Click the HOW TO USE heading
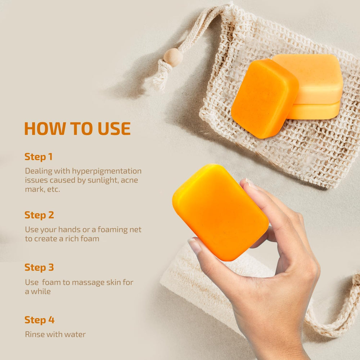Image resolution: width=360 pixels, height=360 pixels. click(77, 129)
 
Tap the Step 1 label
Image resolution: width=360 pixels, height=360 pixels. click(39, 157)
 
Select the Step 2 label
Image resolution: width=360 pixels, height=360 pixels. click(39, 215)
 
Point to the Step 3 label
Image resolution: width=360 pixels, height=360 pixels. click(39, 267)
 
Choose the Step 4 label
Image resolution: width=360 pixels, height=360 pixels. click(40, 320)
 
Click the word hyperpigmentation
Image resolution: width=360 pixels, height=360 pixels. click(107, 171)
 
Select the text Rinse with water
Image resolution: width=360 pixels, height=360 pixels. click(55, 334)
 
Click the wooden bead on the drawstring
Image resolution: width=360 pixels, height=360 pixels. click(173, 57)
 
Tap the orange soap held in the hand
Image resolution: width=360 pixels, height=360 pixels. click(220, 212)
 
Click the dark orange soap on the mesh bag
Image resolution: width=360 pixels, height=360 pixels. click(265, 98)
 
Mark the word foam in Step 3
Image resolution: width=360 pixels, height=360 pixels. click(51, 282)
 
